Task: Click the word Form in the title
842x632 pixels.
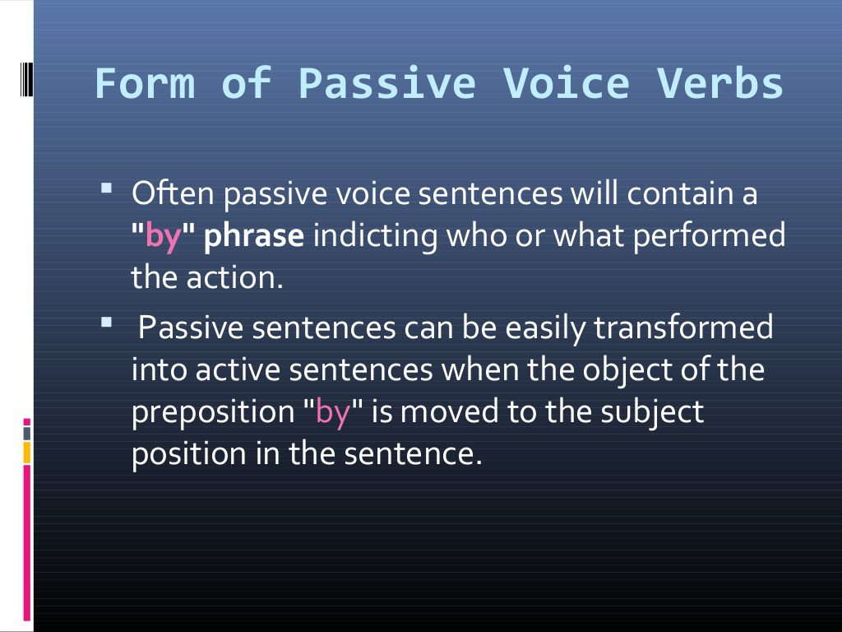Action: point(145,84)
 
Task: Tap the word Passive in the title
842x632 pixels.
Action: point(386,84)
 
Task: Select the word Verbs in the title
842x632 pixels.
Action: point(719,84)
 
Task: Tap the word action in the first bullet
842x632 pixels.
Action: point(238,279)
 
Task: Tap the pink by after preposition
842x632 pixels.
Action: point(333,412)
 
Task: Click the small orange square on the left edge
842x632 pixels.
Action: point(27,451)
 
